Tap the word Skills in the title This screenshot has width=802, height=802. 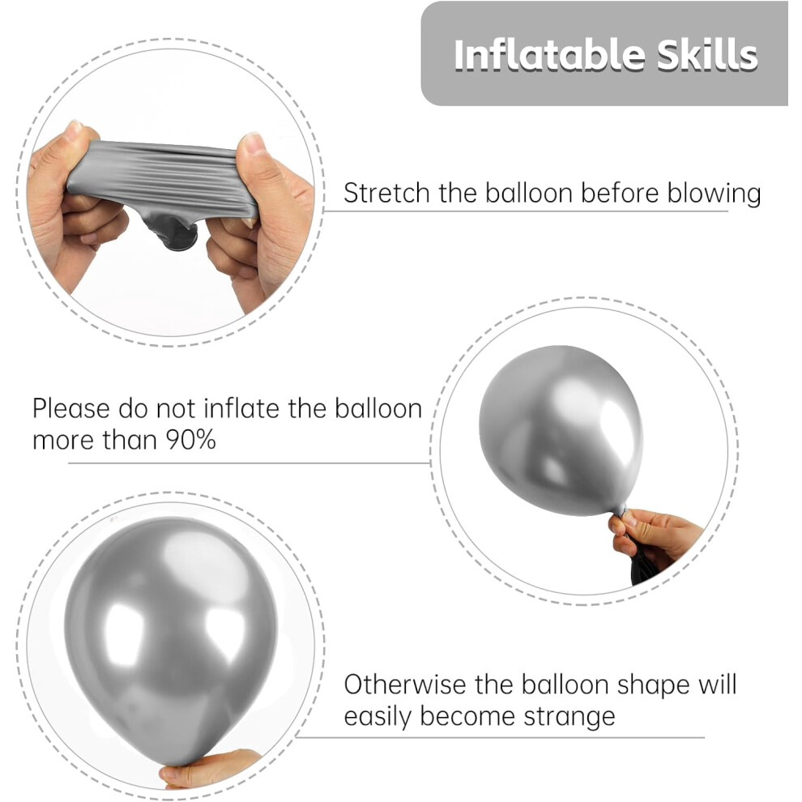point(707,54)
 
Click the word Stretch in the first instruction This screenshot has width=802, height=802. point(386,194)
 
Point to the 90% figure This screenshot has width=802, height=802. point(190,439)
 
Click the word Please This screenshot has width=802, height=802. point(70,409)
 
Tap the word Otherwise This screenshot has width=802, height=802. point(404,684)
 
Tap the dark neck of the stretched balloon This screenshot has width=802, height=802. point(172,232)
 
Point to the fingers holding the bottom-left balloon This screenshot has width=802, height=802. point(211,768)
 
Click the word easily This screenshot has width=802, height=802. point(378,717)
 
